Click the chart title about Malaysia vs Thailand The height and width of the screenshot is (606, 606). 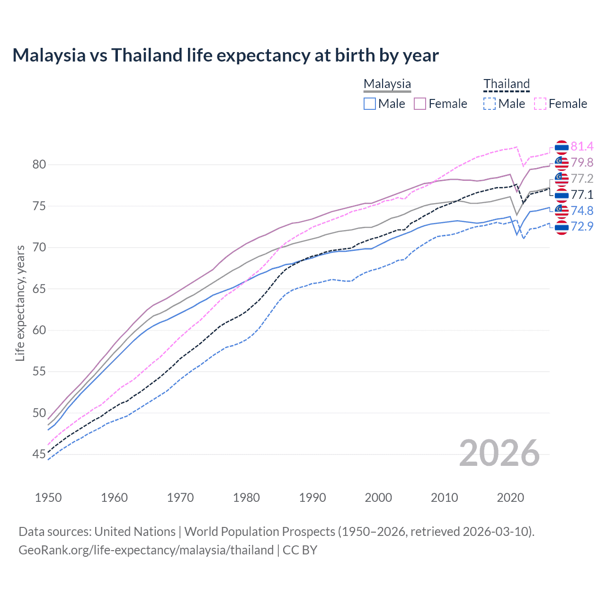click(x=225, y=55)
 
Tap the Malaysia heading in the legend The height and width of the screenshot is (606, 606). click(x=387, y=84)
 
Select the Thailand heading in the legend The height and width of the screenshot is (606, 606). click(x=506, y=84)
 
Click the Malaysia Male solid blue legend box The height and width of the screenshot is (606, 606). click(x=370, y=104)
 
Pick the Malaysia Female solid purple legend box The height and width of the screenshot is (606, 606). click(x=420, y=104)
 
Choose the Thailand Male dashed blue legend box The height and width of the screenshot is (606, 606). click(x=490, y=104)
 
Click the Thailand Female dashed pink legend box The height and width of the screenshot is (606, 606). click(x=540, y=104)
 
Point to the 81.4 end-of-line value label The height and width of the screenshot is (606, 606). click(x=582, y=146)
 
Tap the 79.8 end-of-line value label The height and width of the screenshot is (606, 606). click(x=582, y=162)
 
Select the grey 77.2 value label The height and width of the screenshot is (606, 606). click(x=582, y=178)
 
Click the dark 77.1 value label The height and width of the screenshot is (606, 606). click(x=582, y=195)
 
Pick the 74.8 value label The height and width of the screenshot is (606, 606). click(x=582, y=211)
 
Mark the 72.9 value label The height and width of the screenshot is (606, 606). click(x=582, y=226)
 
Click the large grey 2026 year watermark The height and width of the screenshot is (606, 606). click(x=499, y=454)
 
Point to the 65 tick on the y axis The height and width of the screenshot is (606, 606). click(x=39, y=289)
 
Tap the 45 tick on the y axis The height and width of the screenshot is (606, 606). click(x=39, y=454)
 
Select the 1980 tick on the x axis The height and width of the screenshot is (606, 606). click(x=246, y=498)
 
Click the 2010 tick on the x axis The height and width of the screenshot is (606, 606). click(x=444, y=498)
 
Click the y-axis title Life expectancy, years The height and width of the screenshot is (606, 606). click(x=20, y=303)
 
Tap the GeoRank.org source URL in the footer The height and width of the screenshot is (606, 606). click(x=146, y=550)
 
